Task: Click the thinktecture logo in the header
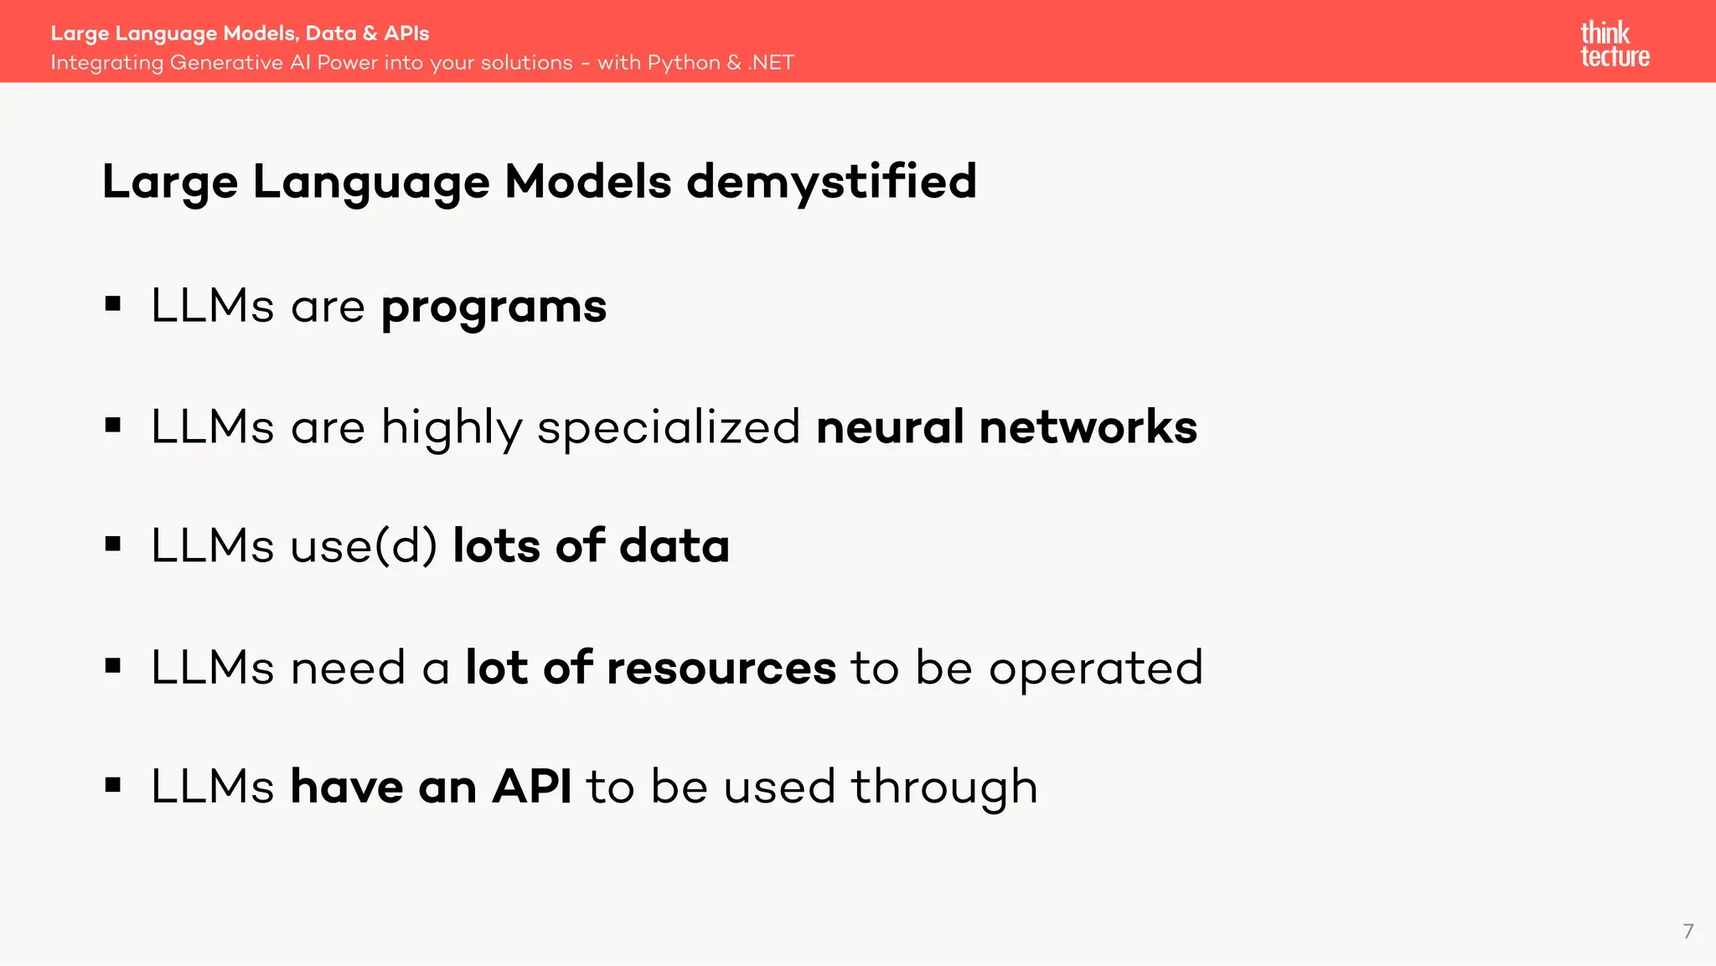[x=1615, y=44]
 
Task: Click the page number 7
[x=1688, y=931]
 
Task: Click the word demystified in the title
[x=831, y=182]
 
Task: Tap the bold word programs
[x=494, y=307]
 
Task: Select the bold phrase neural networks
[x=1006, y=427]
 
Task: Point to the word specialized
[x=669, y=427]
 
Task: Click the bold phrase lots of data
[x=591, y=546]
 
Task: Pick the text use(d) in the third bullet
[x=364, y=546]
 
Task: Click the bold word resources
[x=721, y=668]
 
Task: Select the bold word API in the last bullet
[x=532, y=787]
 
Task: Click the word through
[x=944, y=788]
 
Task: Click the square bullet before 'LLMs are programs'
[x=113, y=304]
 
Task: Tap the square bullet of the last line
[x=113, y=785]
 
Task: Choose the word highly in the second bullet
[x=452, y=428]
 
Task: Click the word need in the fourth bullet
[x=348, y=668]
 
